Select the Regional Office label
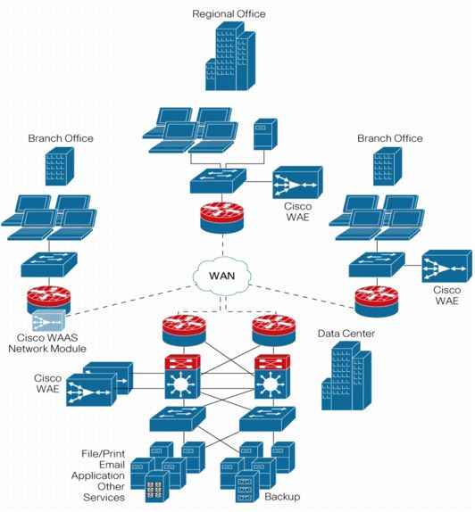click(229, 13)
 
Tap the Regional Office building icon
click(229, 57)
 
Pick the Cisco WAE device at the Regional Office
click(297, 184)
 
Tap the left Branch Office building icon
click(60, 167)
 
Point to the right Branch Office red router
click(374, 300)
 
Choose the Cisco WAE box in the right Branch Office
click(446, 265)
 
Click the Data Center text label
click(347, 334)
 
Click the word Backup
click(282, 497)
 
